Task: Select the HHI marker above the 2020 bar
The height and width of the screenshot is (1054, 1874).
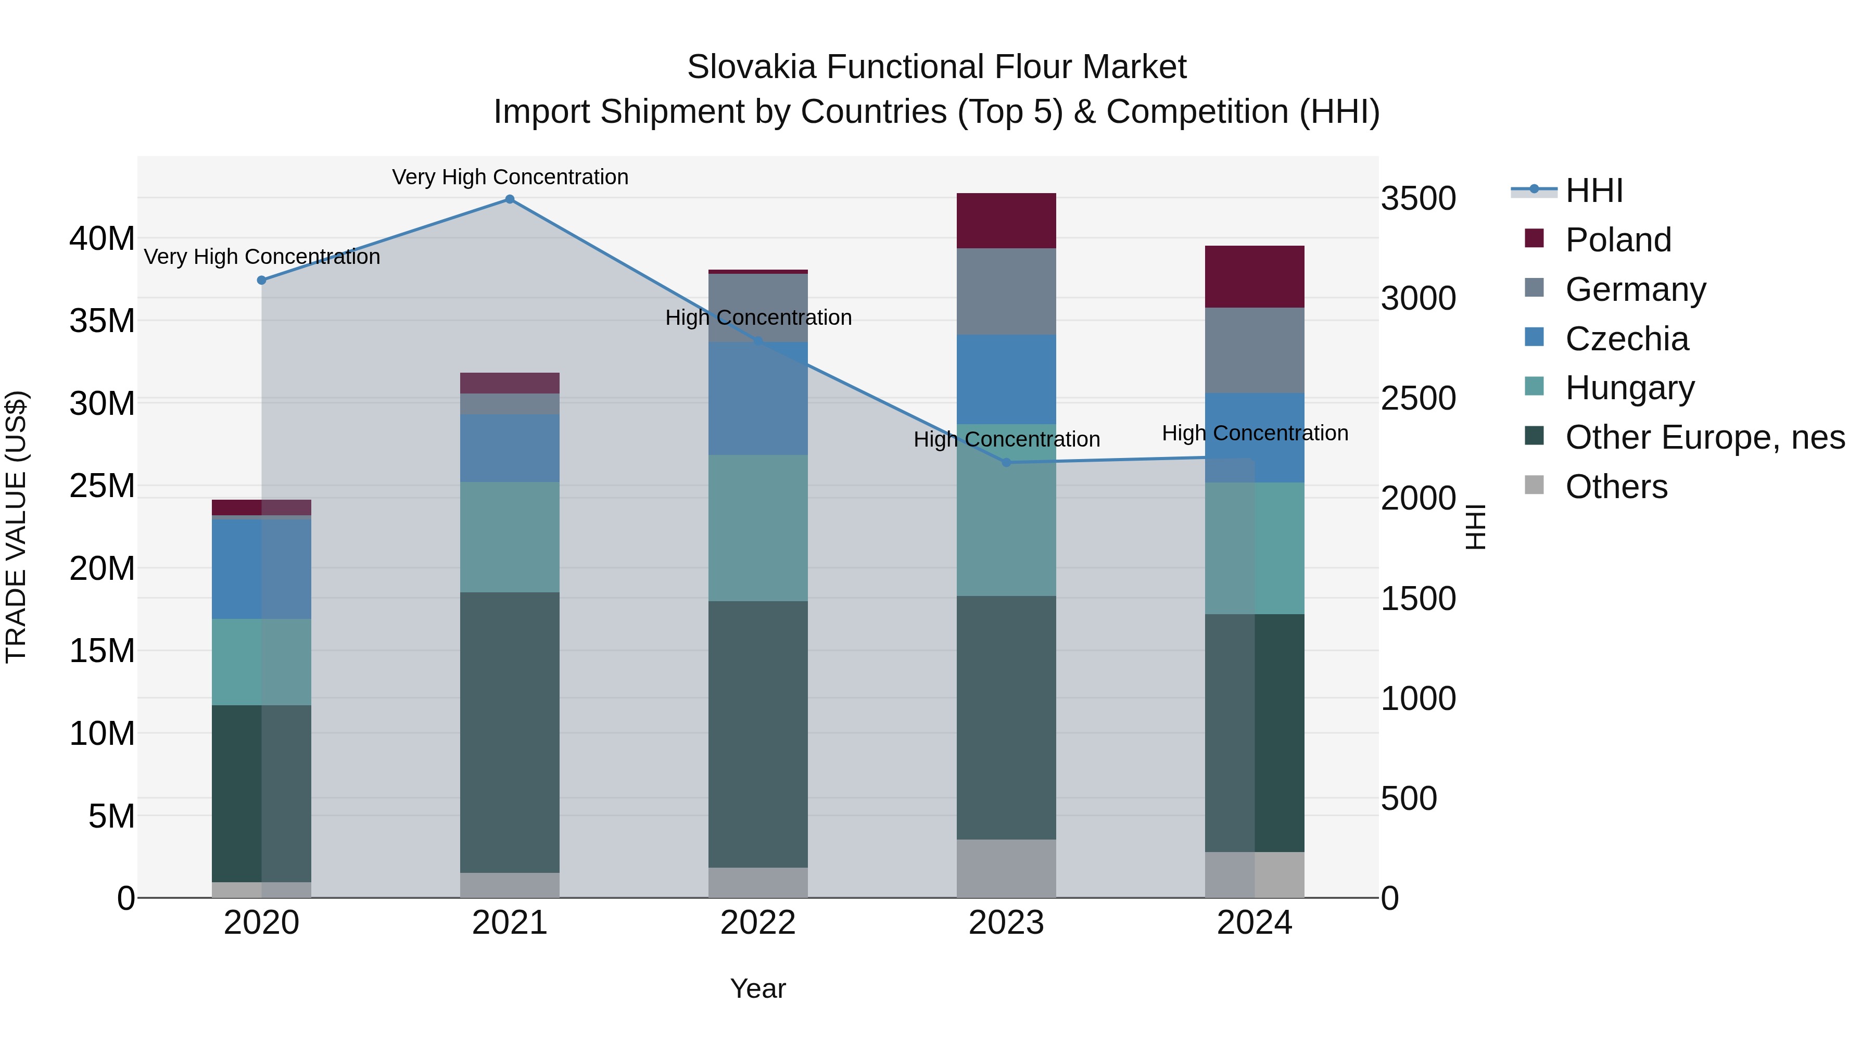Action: coord(262,280)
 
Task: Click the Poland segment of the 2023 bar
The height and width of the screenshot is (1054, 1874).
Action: coord(1006,221)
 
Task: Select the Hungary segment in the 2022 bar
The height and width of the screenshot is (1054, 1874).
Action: coord(758,528)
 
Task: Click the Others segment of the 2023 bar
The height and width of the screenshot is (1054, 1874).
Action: coord(1006,869)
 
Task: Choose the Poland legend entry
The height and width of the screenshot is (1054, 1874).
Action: coord(1618,240)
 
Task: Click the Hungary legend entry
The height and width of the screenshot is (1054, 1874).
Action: coord(1629,388)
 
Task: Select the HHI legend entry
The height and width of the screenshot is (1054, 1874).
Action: coord(1593,191)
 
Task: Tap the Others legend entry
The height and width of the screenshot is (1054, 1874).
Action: coord(1616,487)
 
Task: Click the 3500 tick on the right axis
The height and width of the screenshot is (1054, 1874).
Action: coord(1418,199)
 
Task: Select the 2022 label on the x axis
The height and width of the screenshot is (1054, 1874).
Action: coord(758,923)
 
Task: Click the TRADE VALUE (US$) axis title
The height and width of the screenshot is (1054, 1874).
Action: coord(17,527)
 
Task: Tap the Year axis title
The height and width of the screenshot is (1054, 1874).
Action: coord(758,988)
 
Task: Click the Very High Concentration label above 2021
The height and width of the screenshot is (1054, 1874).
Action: coord(510,177)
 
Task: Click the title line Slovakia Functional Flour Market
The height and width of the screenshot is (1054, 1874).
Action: coord(936,67)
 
